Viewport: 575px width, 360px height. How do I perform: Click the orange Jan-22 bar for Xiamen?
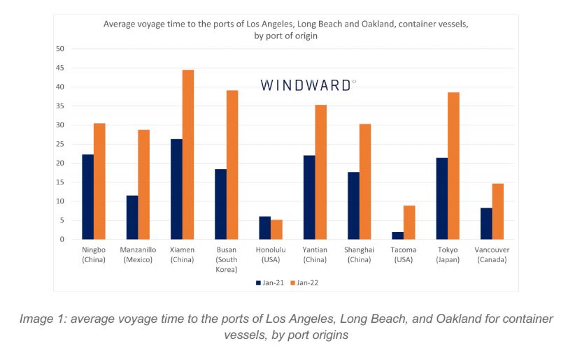point(187,154)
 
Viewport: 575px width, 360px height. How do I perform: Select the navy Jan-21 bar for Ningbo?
point(88,197)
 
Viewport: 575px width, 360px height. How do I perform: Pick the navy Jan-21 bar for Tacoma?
point(398,236)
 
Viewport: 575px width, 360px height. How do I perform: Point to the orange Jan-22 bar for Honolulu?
point(276,230)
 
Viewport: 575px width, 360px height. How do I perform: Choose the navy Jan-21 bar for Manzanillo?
point(132,217)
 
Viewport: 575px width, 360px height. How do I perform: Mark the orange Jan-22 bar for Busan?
point(232,165)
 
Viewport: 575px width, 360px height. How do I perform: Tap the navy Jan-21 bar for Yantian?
point(309,197)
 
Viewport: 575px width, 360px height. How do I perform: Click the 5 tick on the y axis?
point(62,220)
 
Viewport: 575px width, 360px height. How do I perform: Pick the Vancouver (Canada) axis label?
point(491,254)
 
